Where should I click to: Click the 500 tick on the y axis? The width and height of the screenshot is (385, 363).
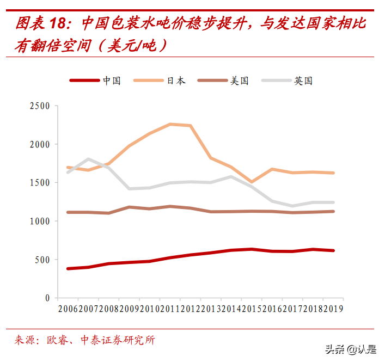(43, 260)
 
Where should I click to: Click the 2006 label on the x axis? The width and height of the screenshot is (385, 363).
(68, 309)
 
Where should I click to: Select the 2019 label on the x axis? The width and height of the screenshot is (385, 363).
(333, 309)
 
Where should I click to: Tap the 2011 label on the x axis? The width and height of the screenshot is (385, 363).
(170, 309)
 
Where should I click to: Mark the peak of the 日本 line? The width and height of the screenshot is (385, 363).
(170, 124)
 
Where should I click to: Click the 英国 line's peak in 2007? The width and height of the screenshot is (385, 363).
(88, 159)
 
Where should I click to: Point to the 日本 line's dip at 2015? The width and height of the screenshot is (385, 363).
(252, 182)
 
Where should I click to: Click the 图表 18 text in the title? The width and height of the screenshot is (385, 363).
(41, 24)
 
